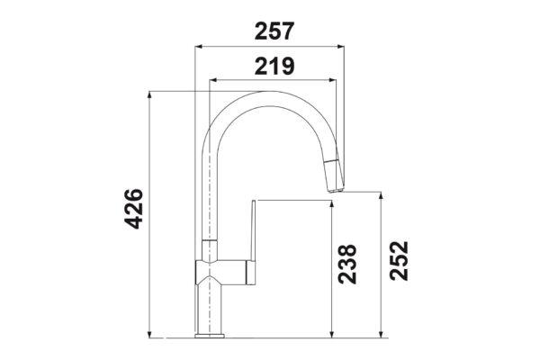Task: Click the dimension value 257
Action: coord(274,31)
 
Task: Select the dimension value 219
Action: coord(274,66)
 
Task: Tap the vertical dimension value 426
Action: coord(133,209)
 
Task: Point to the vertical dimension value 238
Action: coord(347,264)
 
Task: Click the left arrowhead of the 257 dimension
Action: coord(198,47)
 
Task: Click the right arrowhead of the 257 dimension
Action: coord(341,47)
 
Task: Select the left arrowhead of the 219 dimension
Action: coord(212,80)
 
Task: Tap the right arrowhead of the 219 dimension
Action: coord(332,80)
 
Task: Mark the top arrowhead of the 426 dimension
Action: coord(149,94)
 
